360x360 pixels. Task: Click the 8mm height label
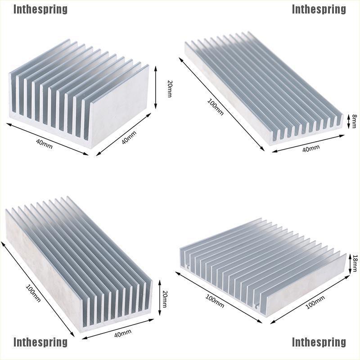coord(354,121)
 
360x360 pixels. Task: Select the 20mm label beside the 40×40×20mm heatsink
coord(170,89)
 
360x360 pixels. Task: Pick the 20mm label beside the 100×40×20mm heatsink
coord(165,299)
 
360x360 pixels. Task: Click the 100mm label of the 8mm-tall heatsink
coord(215,107)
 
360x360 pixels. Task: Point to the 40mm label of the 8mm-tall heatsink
coord(311,148)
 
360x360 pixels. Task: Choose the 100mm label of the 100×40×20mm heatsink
coord(33,293)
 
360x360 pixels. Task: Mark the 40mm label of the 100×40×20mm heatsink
coord(123,333)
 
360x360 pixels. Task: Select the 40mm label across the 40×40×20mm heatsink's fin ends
coord(44,144)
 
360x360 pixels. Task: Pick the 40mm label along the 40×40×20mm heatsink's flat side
coord(129,138)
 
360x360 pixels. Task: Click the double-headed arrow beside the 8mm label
coord(348,121)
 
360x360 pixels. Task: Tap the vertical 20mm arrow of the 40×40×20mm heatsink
coord(155,87)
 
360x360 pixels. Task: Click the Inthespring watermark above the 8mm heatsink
coord(319,9)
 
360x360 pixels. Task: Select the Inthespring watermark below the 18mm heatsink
coord(319,342)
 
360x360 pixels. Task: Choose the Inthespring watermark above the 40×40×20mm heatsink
coord(40,9)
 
